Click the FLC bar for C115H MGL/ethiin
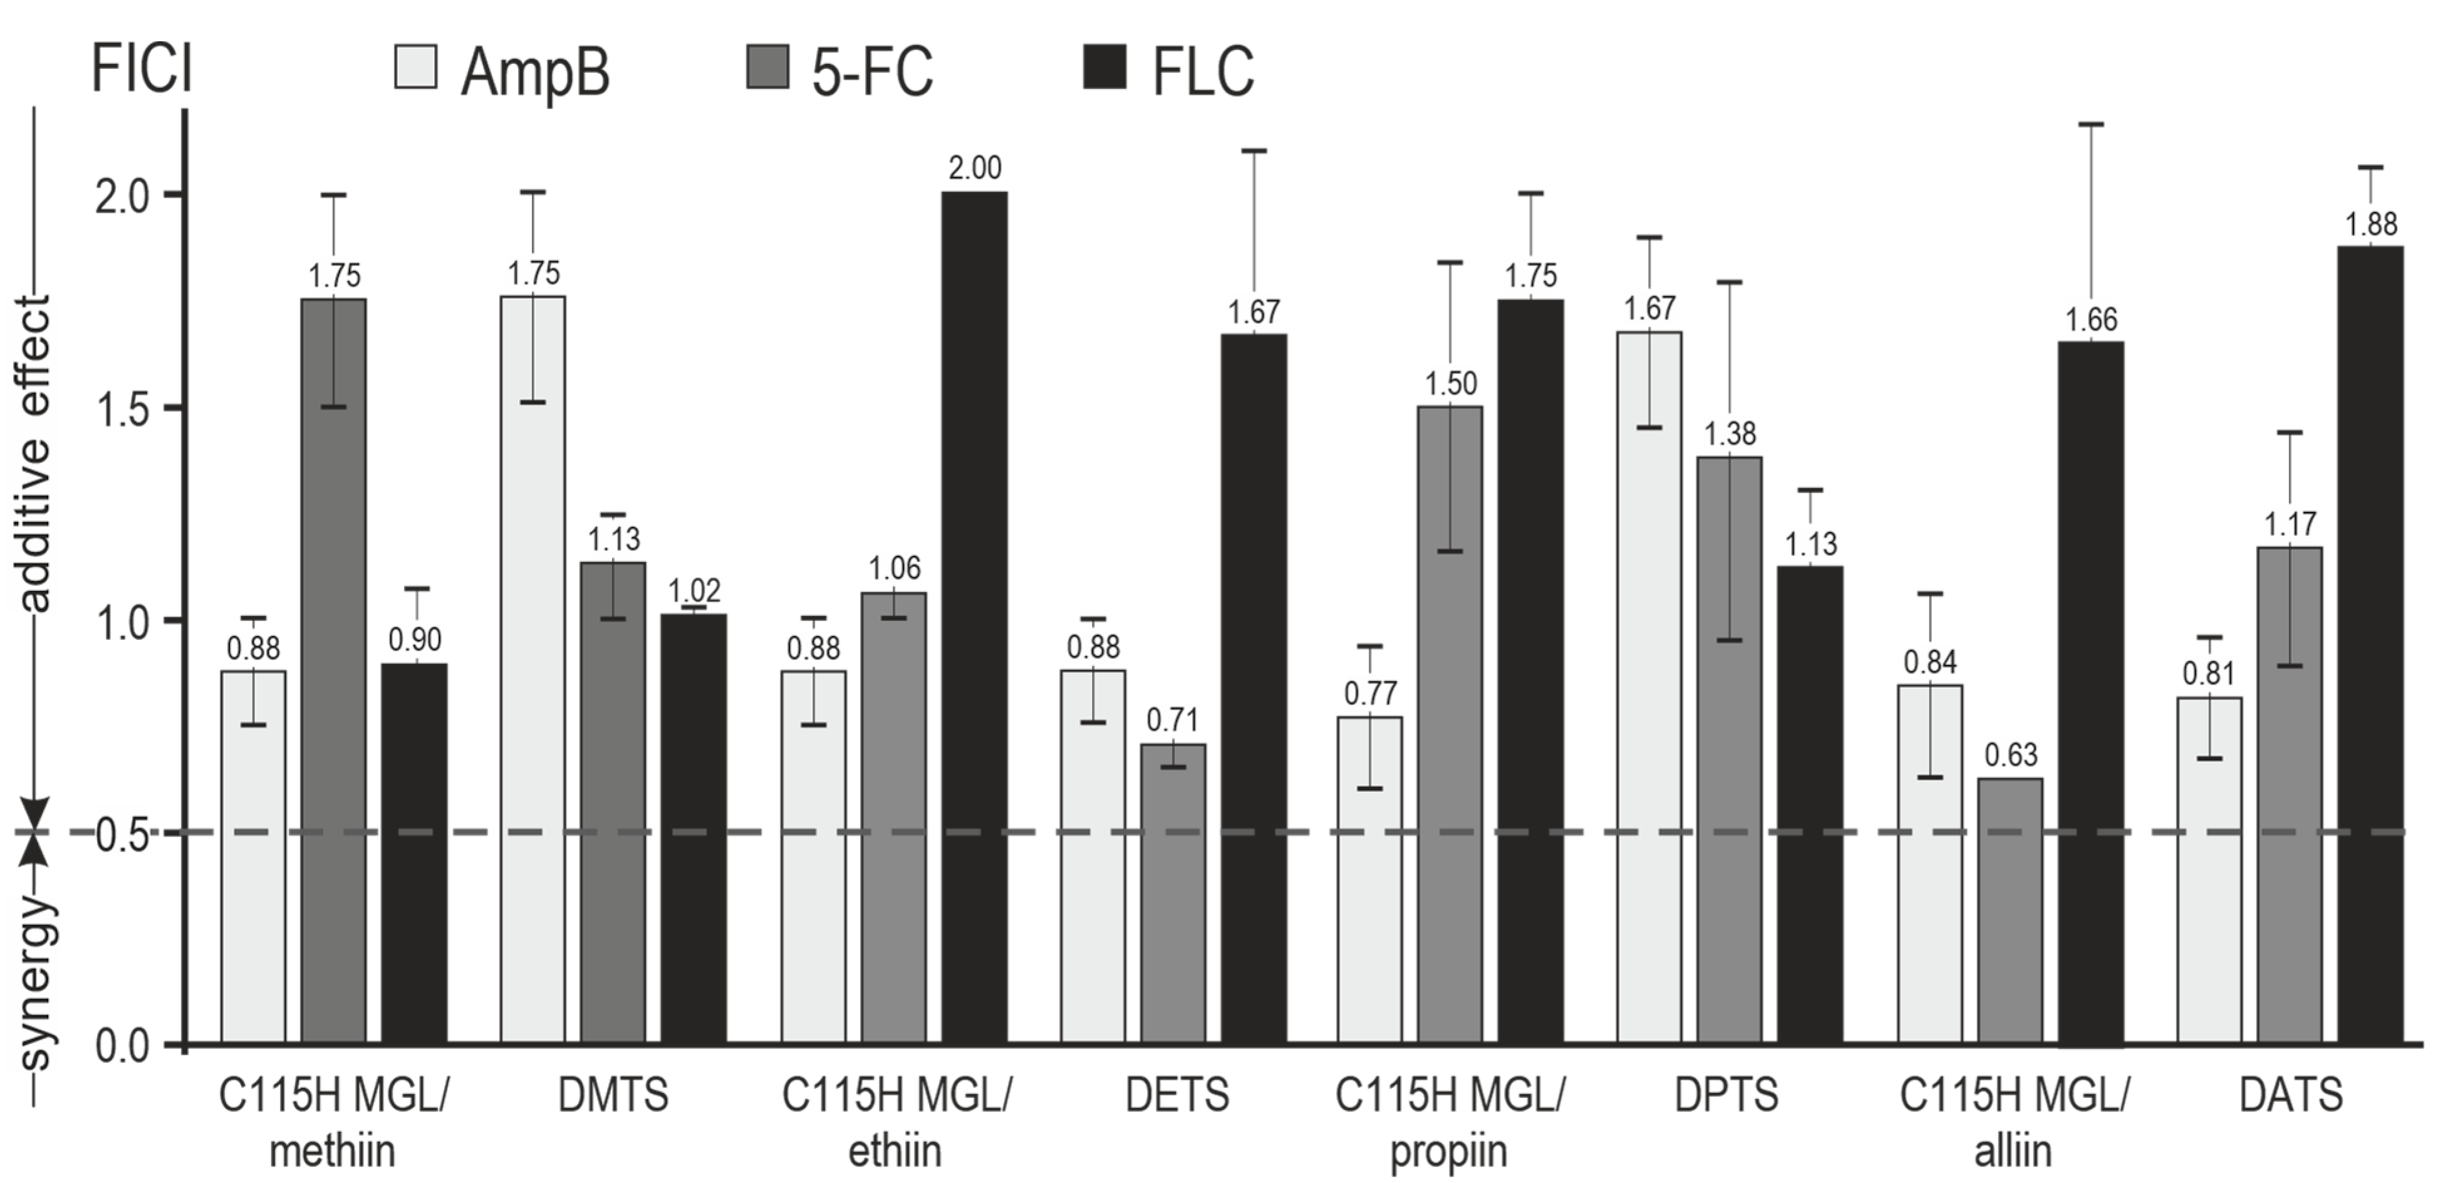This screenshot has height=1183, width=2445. click(x=975, y=617)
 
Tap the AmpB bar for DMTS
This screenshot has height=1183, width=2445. click(x=532, y=669)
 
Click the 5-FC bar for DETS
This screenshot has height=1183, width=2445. click(x=1173, y=892)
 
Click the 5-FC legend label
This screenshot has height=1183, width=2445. click(x=871, y=72)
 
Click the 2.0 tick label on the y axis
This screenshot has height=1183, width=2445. click(x=124, y=195)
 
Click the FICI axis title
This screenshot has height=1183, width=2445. click(x=142, y=70)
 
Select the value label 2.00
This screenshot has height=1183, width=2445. click(x=975, y=168)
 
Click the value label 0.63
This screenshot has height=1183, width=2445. click(x=2010, y=756)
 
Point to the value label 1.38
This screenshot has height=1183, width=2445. click(x=1730, y=434)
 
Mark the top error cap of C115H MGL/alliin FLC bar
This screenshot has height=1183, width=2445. click(x=2091, y=124)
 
